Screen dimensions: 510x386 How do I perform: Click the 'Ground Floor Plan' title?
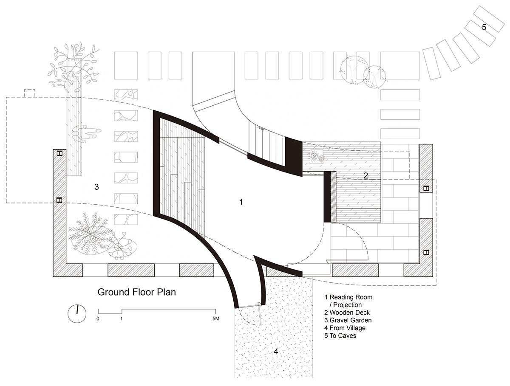tap(136, 292)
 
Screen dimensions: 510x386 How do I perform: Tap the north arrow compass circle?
tap(76, 313)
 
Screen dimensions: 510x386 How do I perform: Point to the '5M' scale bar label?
tap(215, 318)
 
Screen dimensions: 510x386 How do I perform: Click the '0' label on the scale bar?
tap(98, 318)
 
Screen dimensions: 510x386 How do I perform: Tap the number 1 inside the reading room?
tap(241, 202)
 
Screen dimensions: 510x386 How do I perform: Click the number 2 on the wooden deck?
tap(365, 176)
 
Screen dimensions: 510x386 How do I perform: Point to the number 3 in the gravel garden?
tap(96, 187)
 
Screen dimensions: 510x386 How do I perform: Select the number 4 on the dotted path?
tap(275, 352)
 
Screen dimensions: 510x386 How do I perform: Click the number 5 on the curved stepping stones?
tap(484, 27)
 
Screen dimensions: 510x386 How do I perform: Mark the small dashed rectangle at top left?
tap(30, 93)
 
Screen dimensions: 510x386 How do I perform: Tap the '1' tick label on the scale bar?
tap(122, 318)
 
